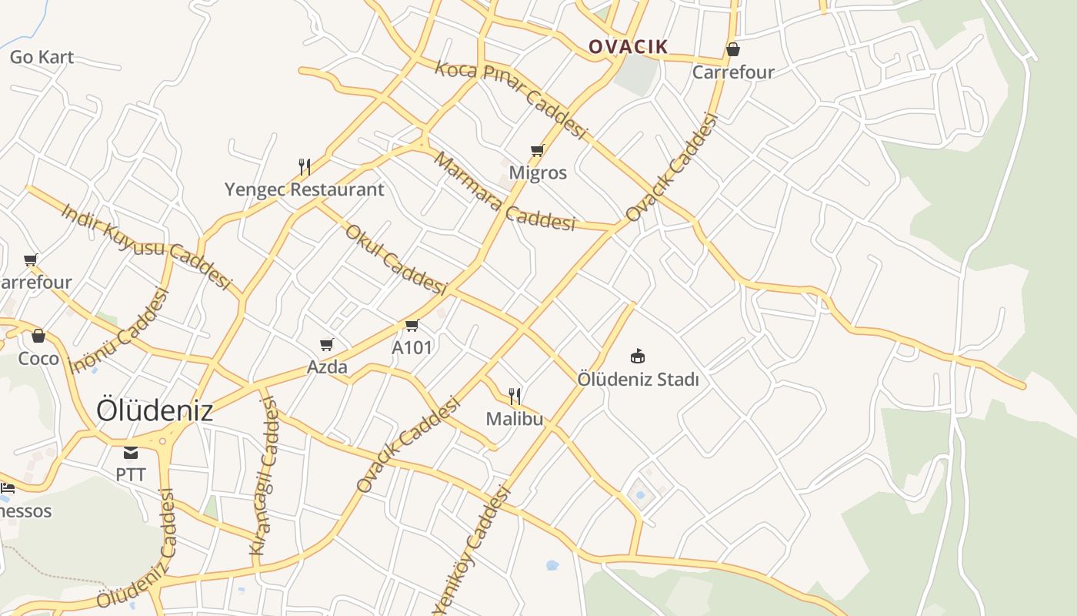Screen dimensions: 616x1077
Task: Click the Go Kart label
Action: point(42,57)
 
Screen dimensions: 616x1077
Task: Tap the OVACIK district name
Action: point(629,47)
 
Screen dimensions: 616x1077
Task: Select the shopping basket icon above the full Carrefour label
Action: point(733,50)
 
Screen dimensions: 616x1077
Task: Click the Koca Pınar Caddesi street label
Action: point(511,99)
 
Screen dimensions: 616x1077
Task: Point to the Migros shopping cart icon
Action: point(537,151)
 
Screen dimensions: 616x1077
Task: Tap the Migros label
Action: point(538,172)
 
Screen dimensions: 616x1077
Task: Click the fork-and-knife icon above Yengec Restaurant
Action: point(305,167)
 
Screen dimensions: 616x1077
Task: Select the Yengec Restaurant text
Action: point(304,189)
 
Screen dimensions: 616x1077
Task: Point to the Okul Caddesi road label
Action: point(395,259)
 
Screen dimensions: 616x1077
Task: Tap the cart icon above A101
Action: point(412,326)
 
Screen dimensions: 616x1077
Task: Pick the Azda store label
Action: point(327,367)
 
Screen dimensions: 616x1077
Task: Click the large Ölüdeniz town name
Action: point(154,410)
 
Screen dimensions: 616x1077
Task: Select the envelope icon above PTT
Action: point(131,452)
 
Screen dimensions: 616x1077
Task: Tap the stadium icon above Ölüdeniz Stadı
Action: point(638,357)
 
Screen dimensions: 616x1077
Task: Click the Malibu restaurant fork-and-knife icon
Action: point(515,397)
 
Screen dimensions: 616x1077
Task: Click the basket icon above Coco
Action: point(38,336)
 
